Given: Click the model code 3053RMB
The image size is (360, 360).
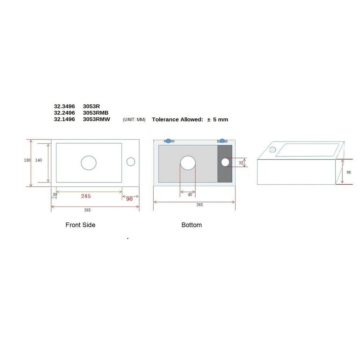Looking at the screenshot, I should click(x=96, y=113).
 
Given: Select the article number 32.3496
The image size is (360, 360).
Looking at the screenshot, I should click(x=64, y=106).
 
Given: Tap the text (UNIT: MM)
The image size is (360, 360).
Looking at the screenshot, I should click(x=134, y=120).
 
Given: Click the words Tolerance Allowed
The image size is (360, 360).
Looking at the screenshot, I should click(x=177, y=120).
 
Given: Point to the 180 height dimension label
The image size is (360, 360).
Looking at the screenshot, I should click(x=27, y=160).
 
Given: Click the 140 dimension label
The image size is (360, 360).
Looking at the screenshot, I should click(x=38, y=160).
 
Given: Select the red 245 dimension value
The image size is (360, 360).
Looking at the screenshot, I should click(x=86, y=196).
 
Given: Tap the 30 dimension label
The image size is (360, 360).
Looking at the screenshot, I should click(x=54, y=194).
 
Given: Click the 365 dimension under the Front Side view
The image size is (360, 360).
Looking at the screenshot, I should click(x=87, y=210).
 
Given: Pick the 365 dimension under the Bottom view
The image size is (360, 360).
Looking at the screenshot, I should click(x=199, y=205).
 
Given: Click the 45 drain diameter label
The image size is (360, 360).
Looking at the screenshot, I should click(x=190, y=195).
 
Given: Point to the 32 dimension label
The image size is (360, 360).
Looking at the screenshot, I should click(x=241, y=163).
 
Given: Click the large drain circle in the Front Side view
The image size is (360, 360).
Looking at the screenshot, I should click(x=88, y=162).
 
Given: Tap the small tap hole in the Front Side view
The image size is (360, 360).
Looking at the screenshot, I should click(x=131, y=162).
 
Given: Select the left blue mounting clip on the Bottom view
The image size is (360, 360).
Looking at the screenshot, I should click(x=168, y=141).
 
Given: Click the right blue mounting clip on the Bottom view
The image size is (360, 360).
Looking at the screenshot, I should click(x=222, y=141).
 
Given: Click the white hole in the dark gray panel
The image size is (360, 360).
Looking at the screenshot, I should click(x=225, y=162).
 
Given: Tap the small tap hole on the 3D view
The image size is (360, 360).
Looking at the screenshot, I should click(x=272, y=150).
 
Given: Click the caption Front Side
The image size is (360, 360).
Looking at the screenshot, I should click(x=80, y=225).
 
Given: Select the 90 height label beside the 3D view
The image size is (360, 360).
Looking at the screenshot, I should click(x=348, y=172).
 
